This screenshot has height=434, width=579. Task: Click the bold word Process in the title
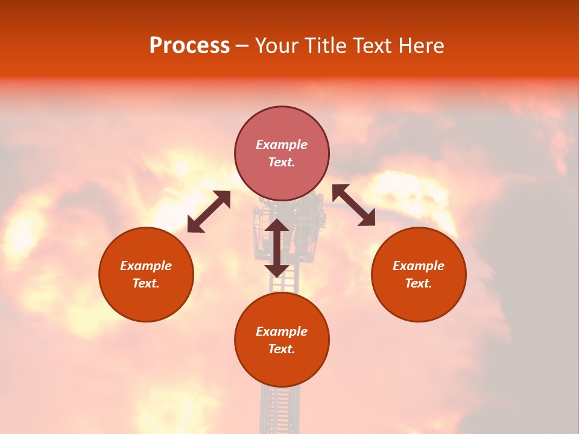tap(189, 46)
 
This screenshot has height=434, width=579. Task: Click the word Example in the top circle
tap(282, 145)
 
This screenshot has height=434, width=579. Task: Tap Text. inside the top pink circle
tap(282, 162)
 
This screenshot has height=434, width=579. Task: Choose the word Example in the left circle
tap(146, 266)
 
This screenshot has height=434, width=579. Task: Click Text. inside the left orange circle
tap(146, 283)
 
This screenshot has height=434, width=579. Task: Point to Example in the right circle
tap(419, 266)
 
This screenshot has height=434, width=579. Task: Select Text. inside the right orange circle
tap(419, 283)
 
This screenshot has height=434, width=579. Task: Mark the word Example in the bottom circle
tap(282, 332)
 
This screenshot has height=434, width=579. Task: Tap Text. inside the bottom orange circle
tap(282, 349)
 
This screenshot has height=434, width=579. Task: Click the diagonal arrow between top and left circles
tap(209, 212)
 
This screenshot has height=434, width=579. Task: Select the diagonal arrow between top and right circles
tap(354, 205)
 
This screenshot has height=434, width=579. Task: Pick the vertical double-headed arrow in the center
tap(277, 248)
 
